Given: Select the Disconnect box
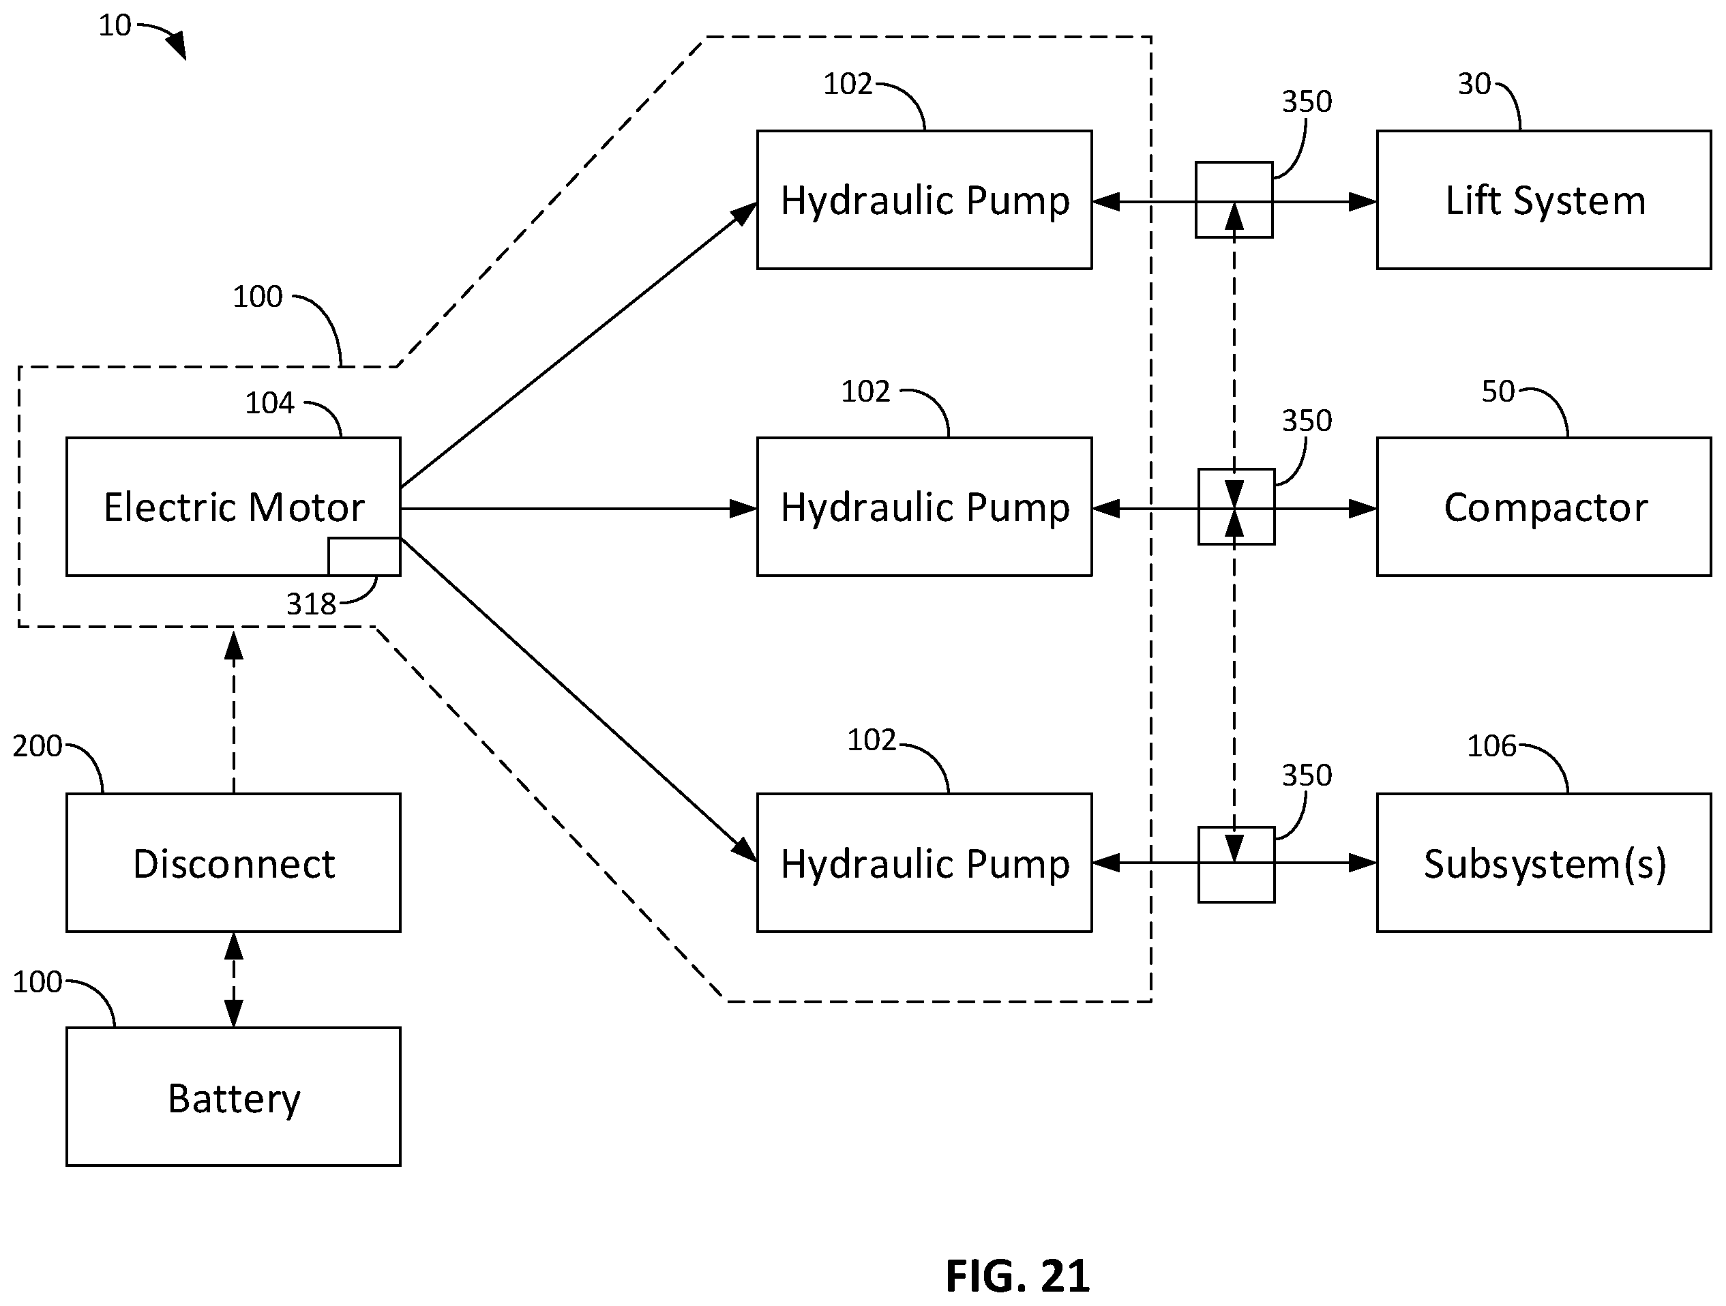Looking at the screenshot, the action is coord(233,863).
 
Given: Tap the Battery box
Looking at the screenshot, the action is coord(233,1096).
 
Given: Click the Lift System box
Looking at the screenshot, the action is coord(1544,200).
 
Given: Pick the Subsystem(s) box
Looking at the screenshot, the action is coord(1544,863).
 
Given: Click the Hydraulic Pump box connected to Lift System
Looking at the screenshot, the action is coord(925,200).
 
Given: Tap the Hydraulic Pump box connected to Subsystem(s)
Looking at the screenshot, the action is coord(925,863).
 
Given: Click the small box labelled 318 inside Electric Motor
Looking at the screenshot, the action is coord(364,556).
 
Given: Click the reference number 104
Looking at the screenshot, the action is coord(269,403).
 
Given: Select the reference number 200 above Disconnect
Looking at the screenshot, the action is coord(38,747).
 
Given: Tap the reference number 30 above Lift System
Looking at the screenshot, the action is coord(1475,85).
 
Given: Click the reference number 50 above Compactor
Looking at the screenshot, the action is coord(1498,391).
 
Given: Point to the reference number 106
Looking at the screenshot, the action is coord(1491,747).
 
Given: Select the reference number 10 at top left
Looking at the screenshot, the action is coord(115,26).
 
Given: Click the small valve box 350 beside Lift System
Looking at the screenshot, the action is coord(1234,200).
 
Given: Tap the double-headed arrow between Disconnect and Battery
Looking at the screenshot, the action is coord(233,980).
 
